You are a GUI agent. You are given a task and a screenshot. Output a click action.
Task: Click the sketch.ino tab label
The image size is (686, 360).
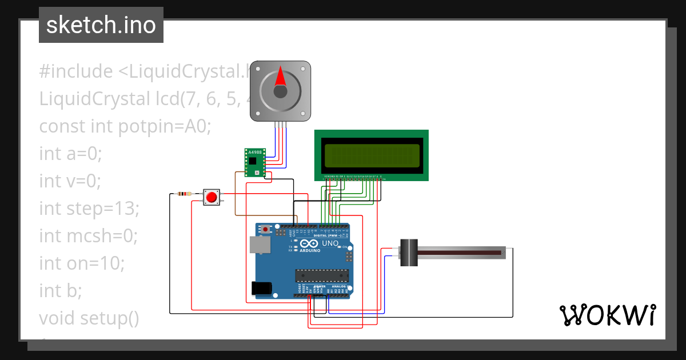tap(101, 25)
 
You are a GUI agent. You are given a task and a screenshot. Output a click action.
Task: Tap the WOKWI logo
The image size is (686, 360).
tap(607, 315)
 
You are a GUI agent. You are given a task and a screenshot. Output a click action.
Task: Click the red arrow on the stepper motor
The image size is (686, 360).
tap(280, 77)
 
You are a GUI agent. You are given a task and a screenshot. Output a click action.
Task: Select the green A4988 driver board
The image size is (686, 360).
tap(255, 163)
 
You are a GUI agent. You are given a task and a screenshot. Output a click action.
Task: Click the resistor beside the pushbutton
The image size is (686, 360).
tap(185, 194)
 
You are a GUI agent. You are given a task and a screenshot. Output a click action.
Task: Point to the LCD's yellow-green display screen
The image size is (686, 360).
tap(371, 155)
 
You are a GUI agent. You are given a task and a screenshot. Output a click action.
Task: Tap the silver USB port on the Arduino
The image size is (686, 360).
tap(260, 245)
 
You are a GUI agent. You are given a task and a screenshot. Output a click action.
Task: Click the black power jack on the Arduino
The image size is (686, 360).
tap(261, 289)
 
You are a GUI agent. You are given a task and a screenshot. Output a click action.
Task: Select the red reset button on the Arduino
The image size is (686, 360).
tap(265, 230)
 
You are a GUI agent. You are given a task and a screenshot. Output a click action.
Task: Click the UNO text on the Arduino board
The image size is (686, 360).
tap(330, 243)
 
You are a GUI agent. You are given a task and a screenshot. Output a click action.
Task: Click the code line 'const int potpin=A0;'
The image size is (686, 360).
tap(125, 126)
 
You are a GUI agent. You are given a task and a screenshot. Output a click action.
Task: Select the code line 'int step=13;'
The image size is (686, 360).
tap(89, 209)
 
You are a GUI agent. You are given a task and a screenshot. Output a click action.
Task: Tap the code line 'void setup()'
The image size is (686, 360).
tap(89, 318)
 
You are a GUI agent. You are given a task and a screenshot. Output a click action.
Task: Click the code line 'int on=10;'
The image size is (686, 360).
tap(82, 263)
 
